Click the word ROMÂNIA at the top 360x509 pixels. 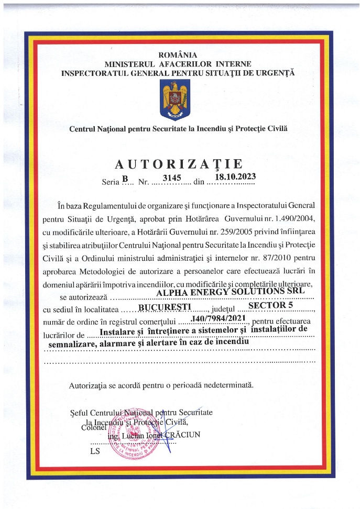click(x=178, y=54)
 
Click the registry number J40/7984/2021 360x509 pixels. click(x=216, y=318)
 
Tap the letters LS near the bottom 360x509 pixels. click(x=95, y=450)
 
